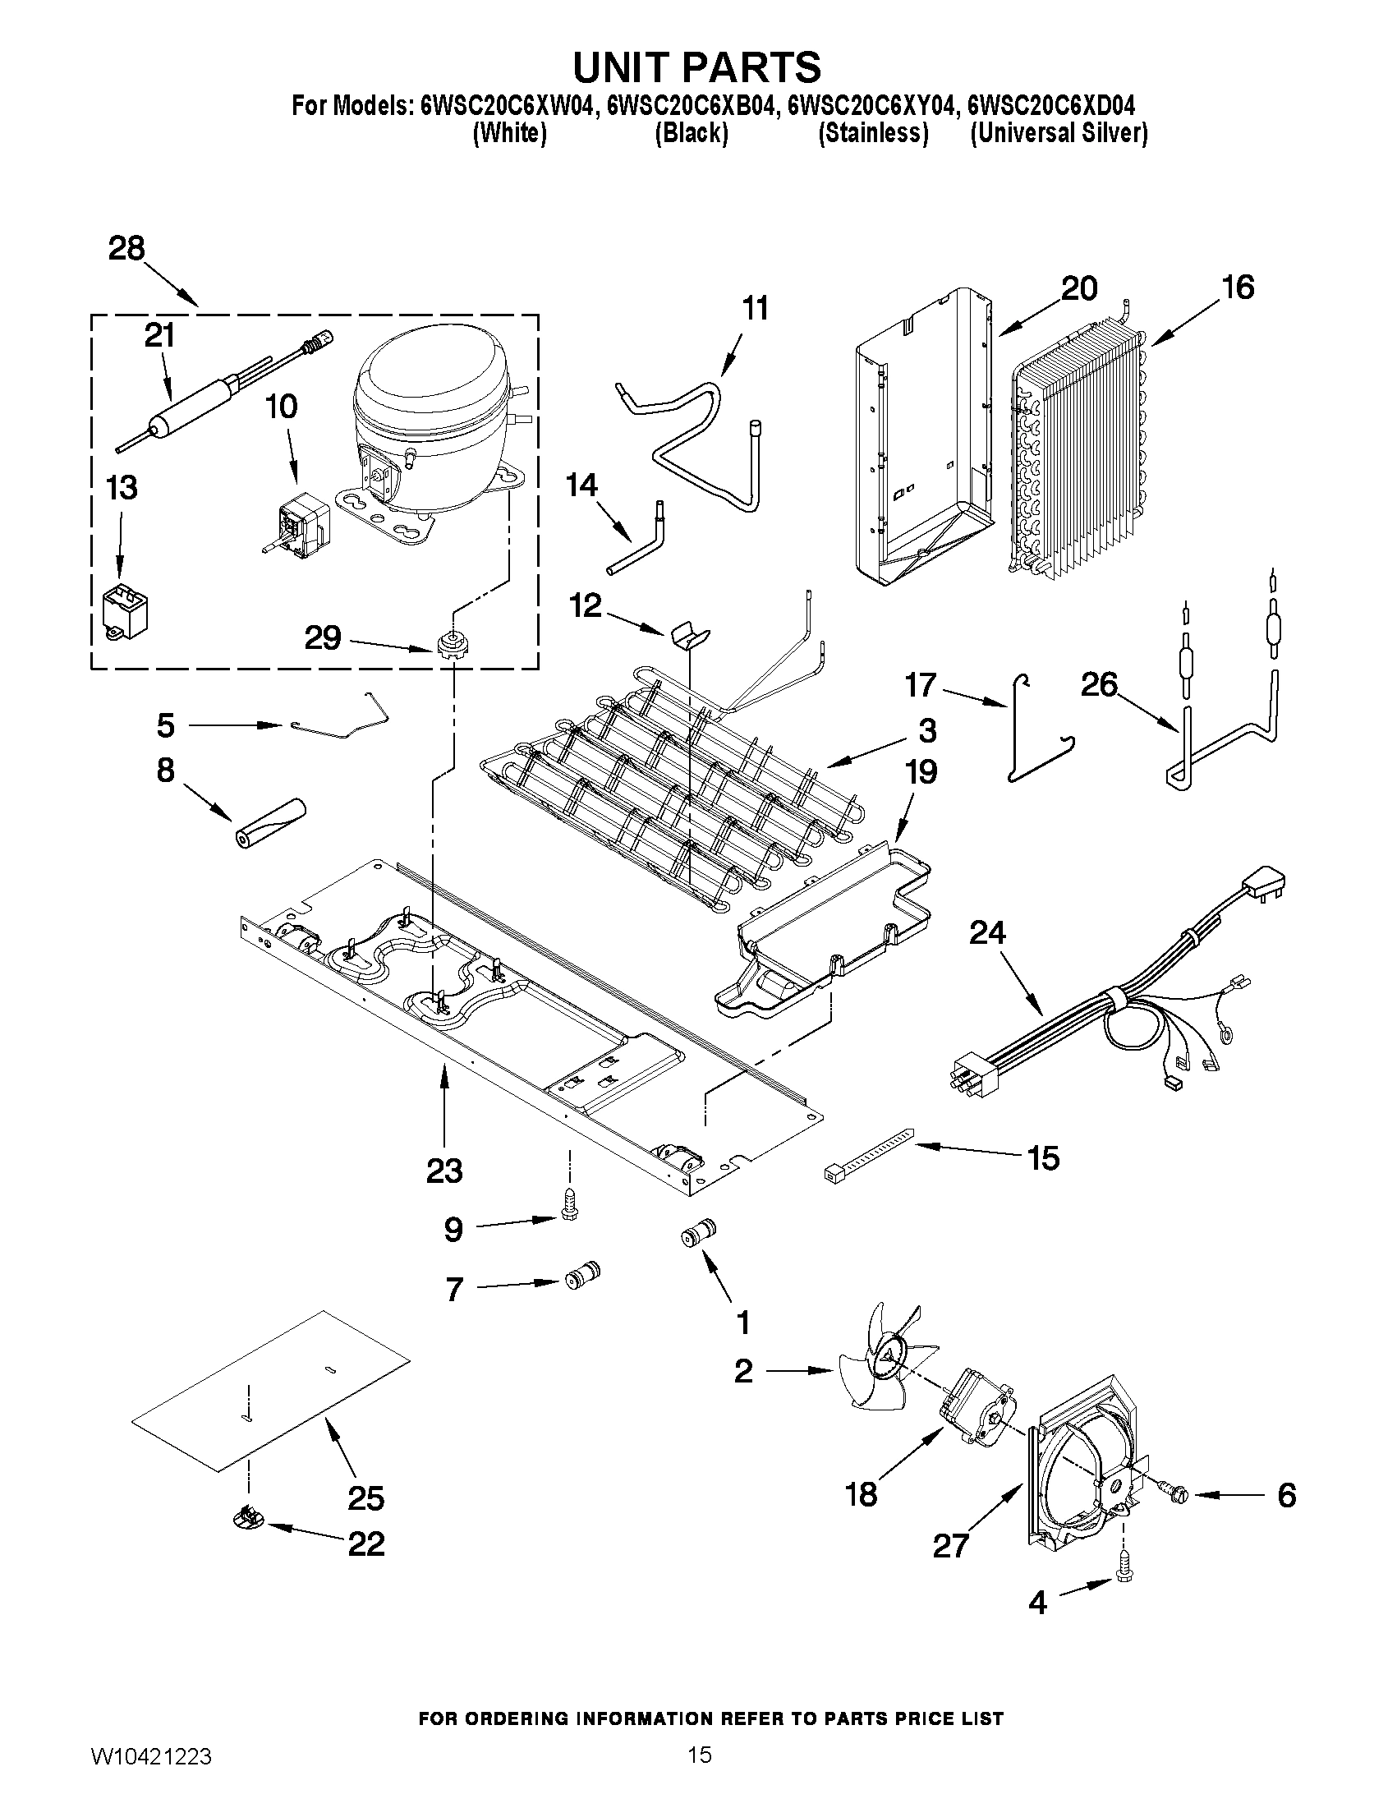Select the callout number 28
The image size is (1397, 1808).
tap(126, 249)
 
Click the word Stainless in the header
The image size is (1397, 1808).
tap(872, 133)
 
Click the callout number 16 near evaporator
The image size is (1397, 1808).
tap(1238, 288)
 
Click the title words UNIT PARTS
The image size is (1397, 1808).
tap(696, 67)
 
